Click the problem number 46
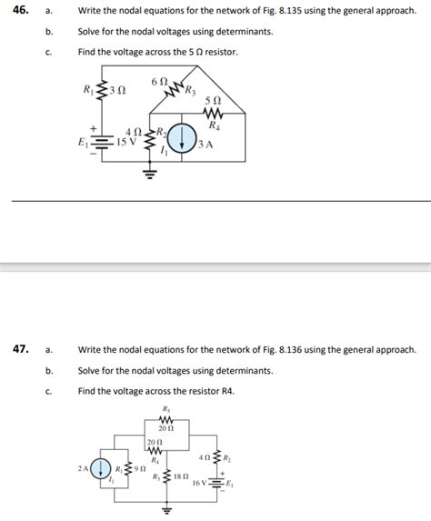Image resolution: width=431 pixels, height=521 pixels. tap(19, 12)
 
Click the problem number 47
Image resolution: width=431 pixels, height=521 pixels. tap(19, 349)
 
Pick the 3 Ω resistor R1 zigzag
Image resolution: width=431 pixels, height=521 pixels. tap(101, 90)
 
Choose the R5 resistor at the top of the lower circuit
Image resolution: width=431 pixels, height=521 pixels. tap(166, 419)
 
